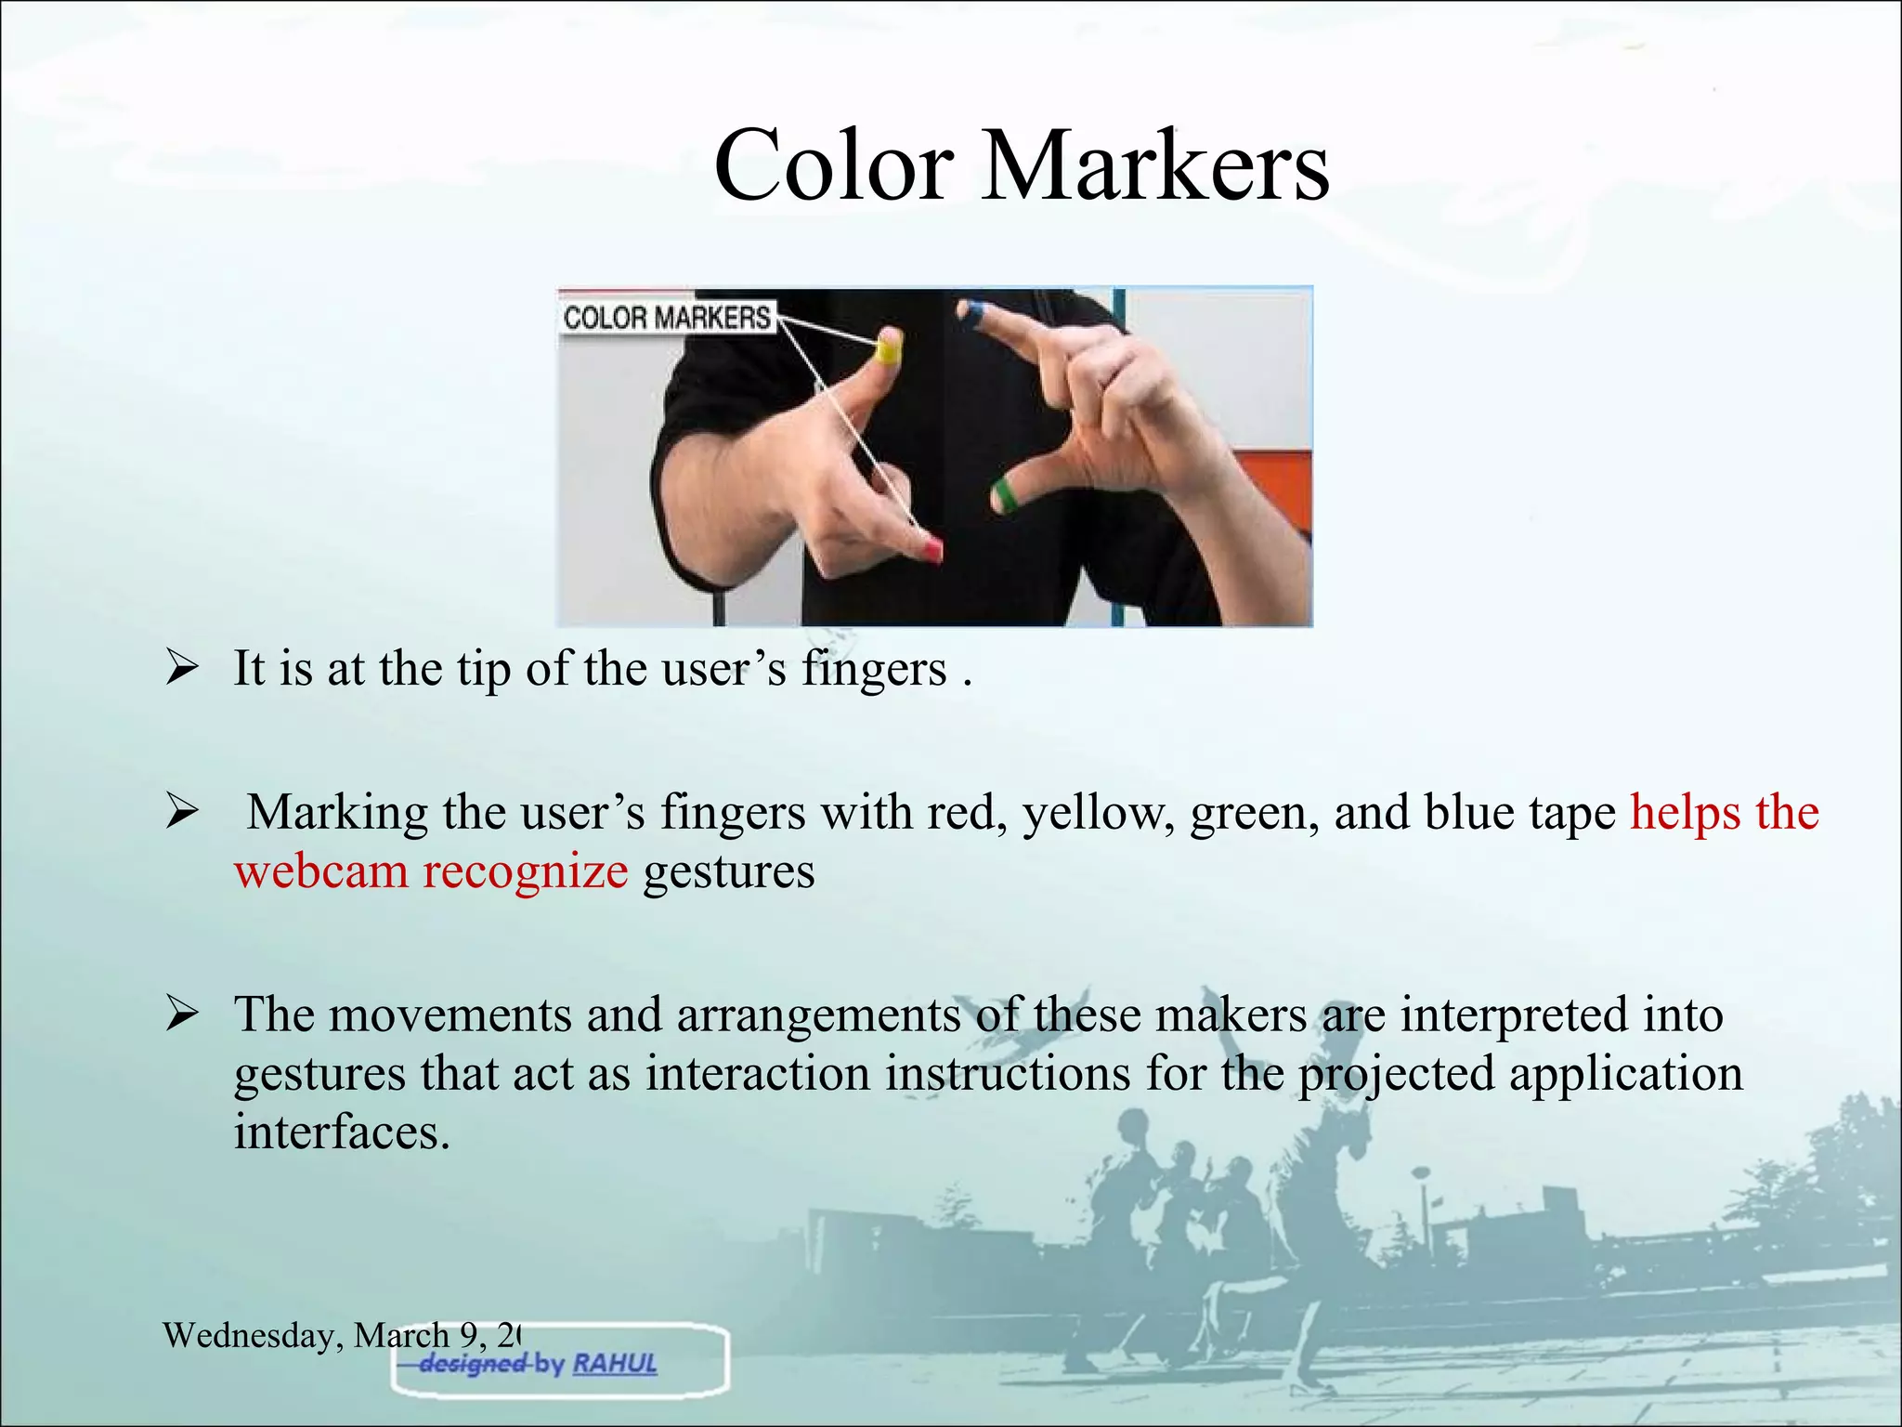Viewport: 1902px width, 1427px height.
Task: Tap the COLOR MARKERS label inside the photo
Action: (667, 318)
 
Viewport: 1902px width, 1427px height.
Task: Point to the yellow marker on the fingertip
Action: (889, 349)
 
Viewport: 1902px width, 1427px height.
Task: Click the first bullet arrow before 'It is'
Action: (181, 669)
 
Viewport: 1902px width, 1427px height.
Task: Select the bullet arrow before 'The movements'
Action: (181, 1015)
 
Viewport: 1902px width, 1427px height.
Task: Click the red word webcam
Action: (321, 871)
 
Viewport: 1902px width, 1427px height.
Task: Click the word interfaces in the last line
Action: (341, 1132)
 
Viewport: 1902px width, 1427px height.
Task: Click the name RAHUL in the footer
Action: (615, 1364)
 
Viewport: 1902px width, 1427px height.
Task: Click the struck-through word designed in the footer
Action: (473, 1364)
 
